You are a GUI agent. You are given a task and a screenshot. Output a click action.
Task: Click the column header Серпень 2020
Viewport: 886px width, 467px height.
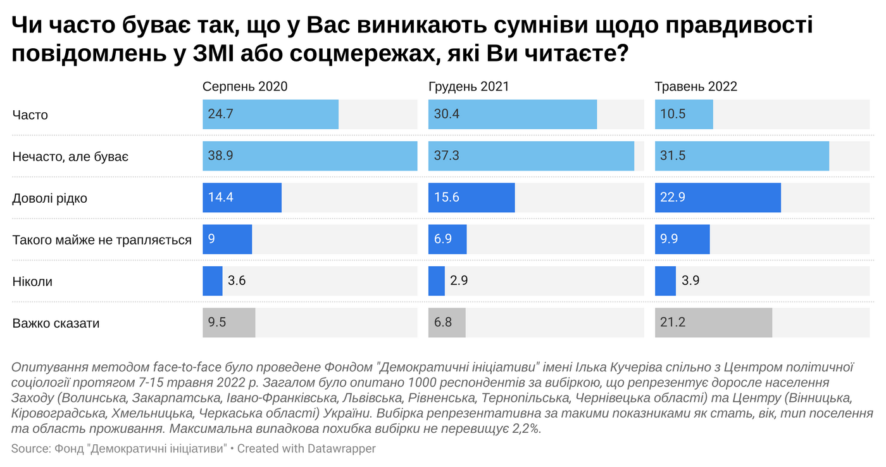245,87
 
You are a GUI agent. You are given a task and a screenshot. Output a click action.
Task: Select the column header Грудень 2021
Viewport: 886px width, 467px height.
469,87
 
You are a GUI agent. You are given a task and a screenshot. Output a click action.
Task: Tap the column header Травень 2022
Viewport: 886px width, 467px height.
696,87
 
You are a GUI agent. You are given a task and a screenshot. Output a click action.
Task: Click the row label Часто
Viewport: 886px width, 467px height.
30,115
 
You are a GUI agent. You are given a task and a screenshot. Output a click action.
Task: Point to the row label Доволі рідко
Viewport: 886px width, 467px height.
50,198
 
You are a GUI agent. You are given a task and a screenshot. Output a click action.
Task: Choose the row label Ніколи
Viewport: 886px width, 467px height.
32,281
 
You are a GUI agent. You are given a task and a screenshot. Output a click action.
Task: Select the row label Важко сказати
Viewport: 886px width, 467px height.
56,323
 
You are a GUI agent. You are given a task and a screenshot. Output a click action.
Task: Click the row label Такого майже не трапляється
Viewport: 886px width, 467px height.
102,240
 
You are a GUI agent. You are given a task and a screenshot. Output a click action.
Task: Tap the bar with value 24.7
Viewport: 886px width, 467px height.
270,115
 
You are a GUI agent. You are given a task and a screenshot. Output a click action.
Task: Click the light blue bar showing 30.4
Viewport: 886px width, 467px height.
513,115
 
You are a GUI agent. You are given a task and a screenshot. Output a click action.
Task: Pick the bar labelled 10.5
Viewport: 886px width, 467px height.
684,115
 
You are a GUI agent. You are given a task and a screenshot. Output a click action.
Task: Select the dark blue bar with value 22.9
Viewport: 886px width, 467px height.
718,198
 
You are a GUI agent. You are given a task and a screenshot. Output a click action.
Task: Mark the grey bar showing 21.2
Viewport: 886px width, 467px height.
713,323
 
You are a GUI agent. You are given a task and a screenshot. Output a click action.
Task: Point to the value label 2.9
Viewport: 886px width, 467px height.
459,281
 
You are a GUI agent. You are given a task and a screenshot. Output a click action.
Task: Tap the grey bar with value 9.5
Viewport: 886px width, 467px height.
228,323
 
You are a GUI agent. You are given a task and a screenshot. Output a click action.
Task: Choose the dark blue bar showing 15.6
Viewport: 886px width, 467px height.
471,198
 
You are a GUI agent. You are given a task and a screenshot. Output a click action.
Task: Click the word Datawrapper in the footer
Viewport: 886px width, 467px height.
342,449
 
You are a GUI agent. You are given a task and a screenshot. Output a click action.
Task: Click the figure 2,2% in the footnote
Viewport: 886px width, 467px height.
520,429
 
